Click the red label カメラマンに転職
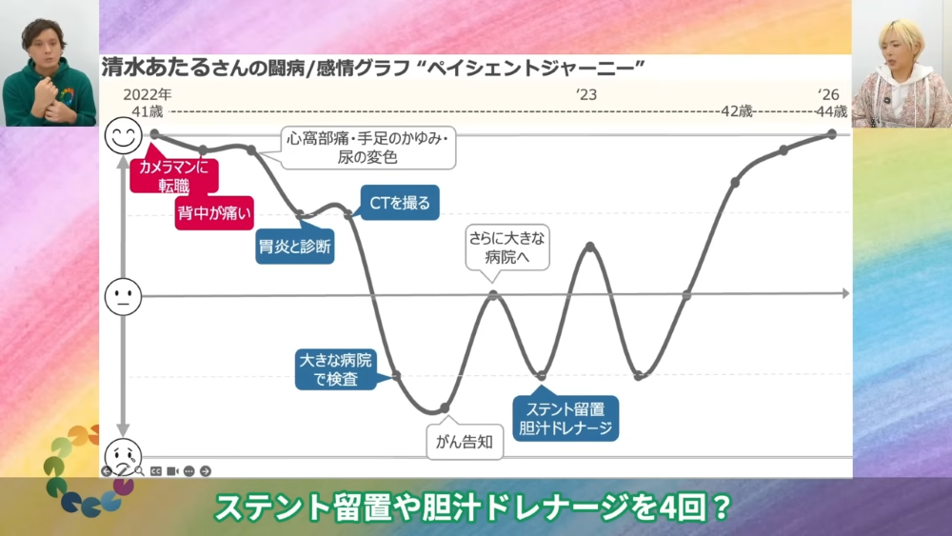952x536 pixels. pyautogui.click(x=173, y=176)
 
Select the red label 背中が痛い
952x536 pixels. pyautogui.click(x=214, y=213)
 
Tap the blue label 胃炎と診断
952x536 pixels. pyautogui.click(x=295, y=247)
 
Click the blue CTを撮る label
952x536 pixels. pyautogui.click(x=400, y=202)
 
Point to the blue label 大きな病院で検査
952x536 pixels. pyautogui.click(x=336, y=369)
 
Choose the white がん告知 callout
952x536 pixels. pyautogui.click(x=465, y=442)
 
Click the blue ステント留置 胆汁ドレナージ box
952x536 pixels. pyautogui.click(x=565, y=418)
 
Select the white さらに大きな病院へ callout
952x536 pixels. pyautogui.click(x=507, y=248)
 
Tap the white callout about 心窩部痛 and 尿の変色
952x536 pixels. pyautogui.click(x=367, y=148)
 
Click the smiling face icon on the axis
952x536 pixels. pyautogui.click(x=123, y=135)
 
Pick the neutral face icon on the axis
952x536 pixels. pyautogui.click(x=123, y=297)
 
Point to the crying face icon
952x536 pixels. pyautogui.click(x=123, y=456)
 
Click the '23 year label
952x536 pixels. pyautogui.click(x=586, y=94)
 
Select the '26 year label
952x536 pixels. pyautogui.click(x=828, y=94)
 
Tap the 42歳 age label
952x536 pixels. pyautogui.click(x=737, y=111)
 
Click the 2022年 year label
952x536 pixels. pyautogui.click(x=148, y=94)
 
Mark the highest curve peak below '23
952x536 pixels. pyautogui.click(x=589, y=247)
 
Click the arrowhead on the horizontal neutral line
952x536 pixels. pyautogui.click(x=845, y=294)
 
